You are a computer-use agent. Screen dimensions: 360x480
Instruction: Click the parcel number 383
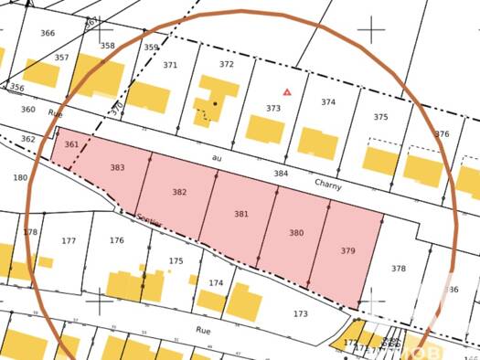[117, 168]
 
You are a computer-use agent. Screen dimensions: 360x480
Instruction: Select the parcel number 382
[179, 192]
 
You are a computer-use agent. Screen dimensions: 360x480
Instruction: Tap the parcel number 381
[240, 214]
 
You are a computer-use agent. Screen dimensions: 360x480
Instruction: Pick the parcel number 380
[296, 233]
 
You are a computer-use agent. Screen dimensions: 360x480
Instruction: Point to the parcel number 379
[347, 250]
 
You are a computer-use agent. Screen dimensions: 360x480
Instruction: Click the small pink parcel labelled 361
[71, 145]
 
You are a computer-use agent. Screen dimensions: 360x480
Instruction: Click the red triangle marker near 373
[287, 91]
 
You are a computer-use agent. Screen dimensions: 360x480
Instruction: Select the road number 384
[281, 173]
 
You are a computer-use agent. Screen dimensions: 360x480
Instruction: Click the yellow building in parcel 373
[265, 128]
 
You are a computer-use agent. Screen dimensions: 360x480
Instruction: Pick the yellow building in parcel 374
[318, 143]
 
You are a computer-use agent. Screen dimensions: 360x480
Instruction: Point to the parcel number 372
[227, 65]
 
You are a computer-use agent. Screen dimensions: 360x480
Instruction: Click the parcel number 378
[398, 269]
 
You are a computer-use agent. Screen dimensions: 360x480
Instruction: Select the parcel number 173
[300, 314]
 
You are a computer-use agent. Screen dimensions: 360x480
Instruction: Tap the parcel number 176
[116, 240]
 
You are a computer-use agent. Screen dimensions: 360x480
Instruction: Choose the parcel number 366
[48, 34]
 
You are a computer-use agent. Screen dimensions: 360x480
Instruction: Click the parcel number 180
[20, 177]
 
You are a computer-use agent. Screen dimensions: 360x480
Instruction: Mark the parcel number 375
[380, 117]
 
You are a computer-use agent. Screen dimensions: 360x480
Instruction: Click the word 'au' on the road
[217, 157]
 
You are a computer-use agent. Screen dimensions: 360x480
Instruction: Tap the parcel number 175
[176, 260]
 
